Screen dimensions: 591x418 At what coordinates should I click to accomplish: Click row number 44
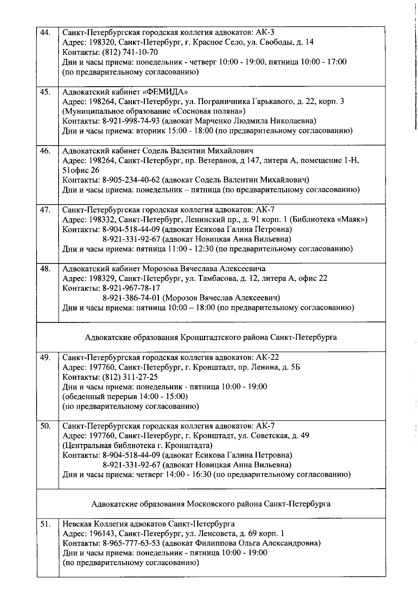pos(45,32)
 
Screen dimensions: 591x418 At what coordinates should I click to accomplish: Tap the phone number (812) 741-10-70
pos(130,52)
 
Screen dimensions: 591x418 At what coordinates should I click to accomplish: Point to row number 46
pos(45,151)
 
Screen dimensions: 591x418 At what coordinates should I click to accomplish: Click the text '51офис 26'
pos(80,170)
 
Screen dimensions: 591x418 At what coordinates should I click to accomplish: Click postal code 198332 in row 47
pos(100,220)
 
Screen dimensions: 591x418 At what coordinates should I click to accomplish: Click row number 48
pos(45,269)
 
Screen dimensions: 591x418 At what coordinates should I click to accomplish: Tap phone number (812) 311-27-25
pos(130,377)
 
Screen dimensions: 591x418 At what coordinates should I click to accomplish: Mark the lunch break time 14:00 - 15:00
pos(163,397)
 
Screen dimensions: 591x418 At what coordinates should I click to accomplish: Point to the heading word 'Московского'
pos(207,504)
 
